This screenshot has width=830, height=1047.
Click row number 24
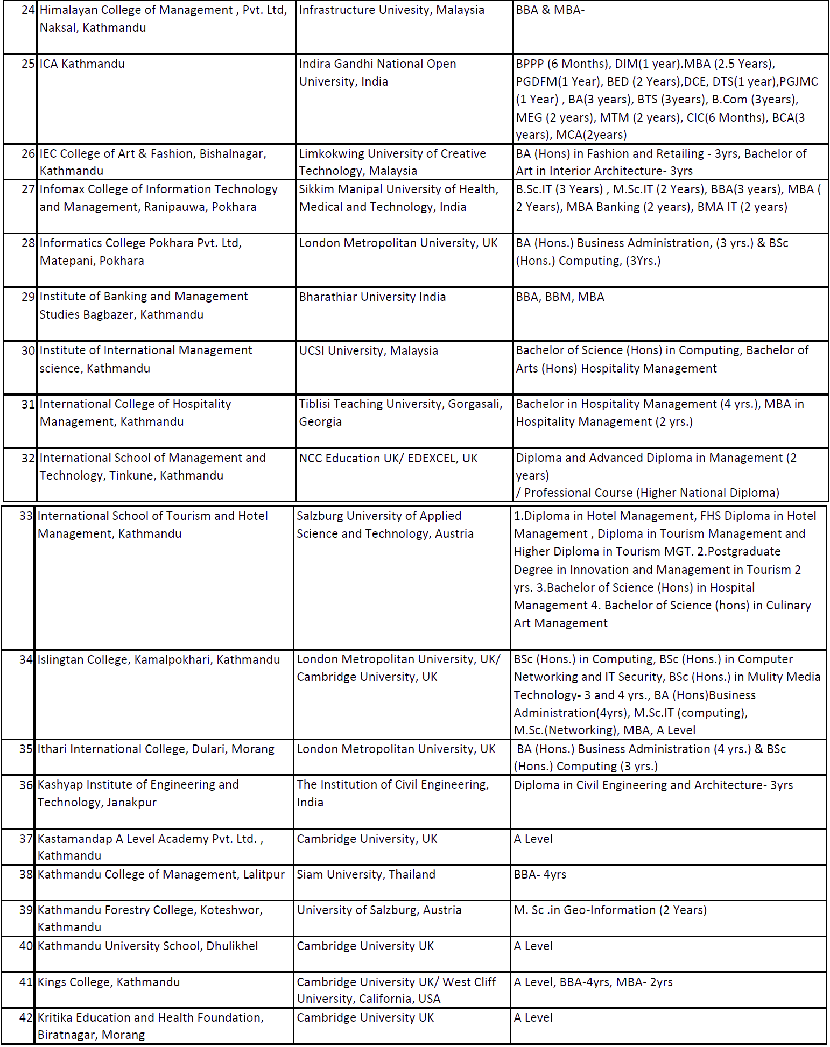pos(28,10)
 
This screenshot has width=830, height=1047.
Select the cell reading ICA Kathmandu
pos(82,64)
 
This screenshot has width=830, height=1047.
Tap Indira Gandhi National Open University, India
pos(377,73)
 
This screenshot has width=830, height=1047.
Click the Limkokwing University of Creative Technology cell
pos(392,162)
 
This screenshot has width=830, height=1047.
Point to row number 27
pos(28,189)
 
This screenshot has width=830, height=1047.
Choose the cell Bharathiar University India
pos(372,297)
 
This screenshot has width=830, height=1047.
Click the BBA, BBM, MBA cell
pos(560,297)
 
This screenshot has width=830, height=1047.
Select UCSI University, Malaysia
pos(368,351)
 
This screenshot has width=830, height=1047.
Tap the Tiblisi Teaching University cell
pos(400,413)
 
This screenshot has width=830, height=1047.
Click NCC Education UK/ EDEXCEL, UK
pos(388,459)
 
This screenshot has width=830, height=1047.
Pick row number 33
pos(26,516)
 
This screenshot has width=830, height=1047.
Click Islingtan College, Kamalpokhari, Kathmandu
pos(158,660)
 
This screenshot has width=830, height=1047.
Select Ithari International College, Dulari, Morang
pos(156,749)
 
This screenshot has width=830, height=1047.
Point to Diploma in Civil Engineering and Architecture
pos(653,785)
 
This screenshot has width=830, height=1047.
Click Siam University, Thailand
pos(366,875)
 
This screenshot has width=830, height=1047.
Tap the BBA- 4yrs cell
pos(540,875)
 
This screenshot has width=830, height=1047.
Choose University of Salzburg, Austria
pos(379,910)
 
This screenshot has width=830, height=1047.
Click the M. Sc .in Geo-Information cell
pos(610,910)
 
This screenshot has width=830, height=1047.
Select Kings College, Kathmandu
pos(108,982)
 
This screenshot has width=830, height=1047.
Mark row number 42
pos(26,1018)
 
